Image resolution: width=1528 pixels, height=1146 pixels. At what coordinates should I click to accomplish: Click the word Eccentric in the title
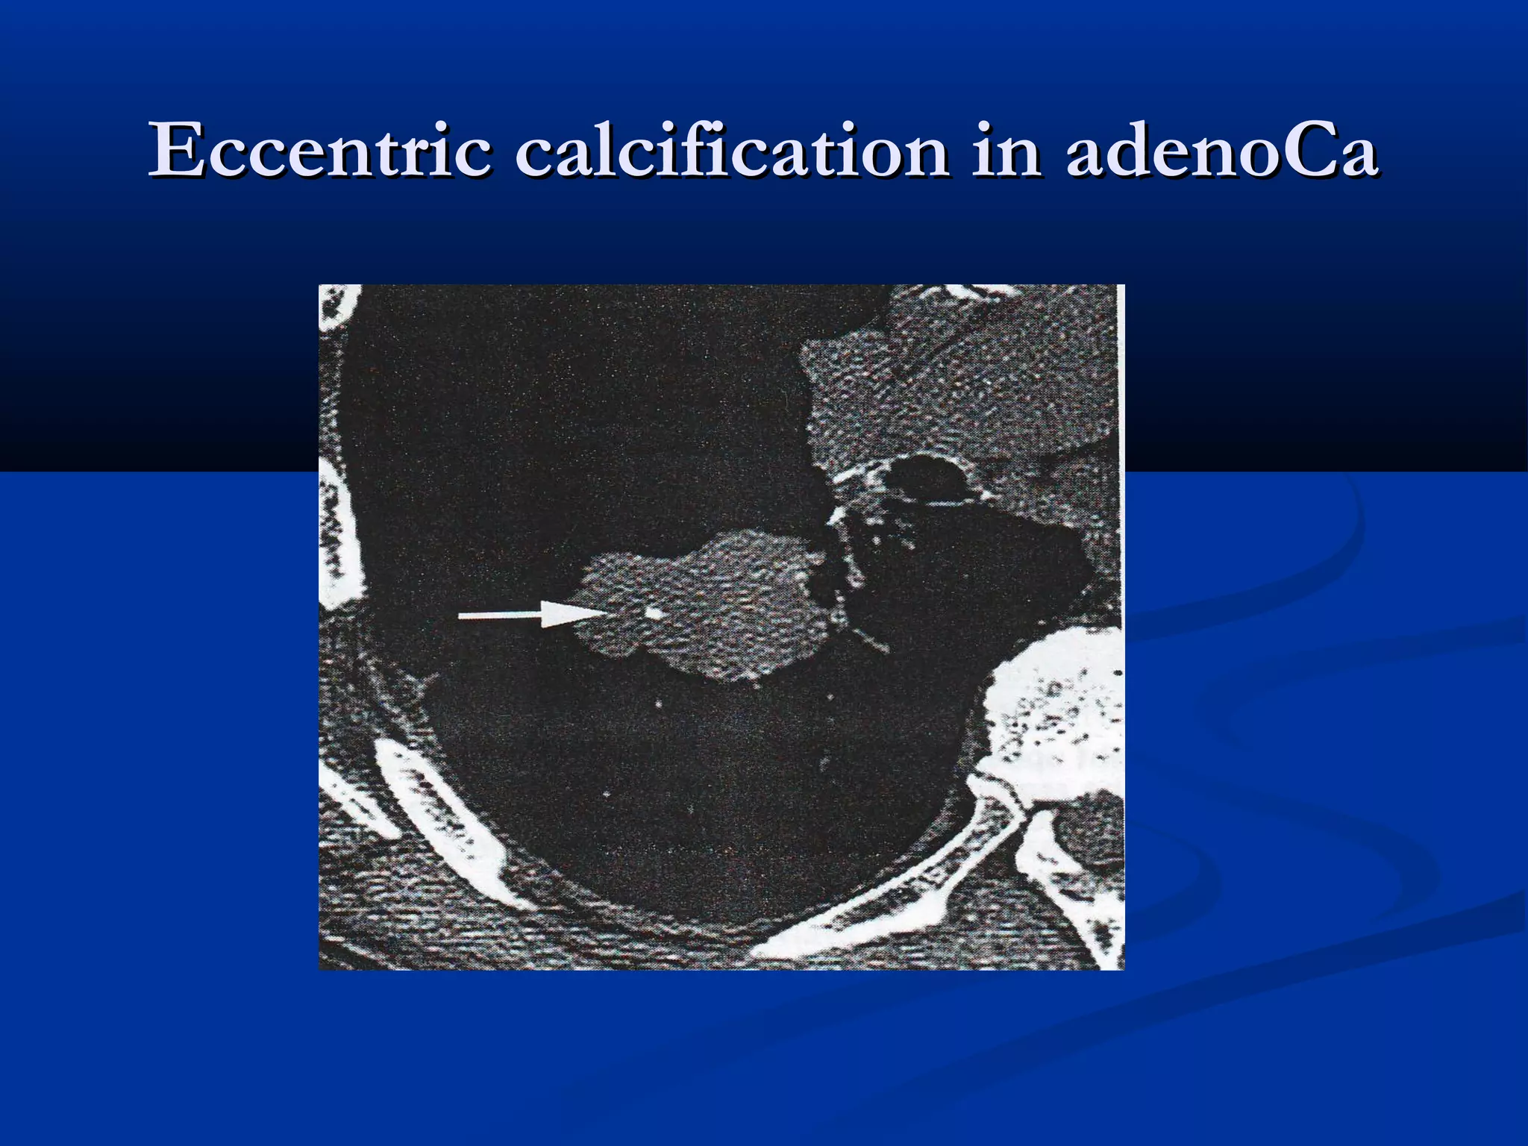pos(321,151)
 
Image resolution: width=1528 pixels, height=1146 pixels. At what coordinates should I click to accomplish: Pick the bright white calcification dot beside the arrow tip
pos(654,613)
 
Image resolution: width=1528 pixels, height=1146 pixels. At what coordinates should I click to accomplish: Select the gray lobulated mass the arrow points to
pos(716,604)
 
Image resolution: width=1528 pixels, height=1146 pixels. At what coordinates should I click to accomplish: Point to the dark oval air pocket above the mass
pos(925,481)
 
